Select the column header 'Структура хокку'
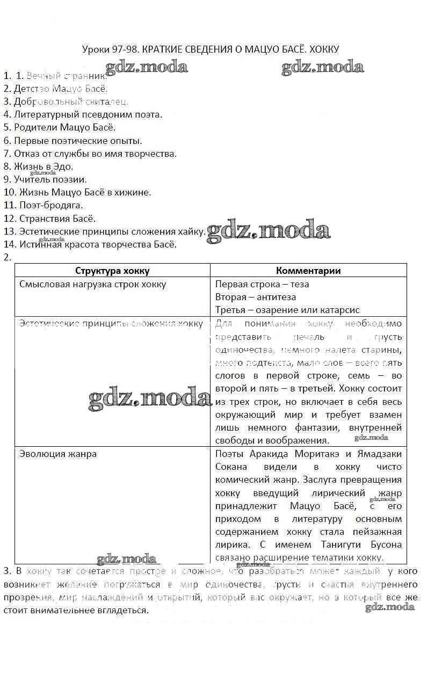pos(112,271)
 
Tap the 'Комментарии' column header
pos(308,271)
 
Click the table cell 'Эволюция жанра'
pos(58,454)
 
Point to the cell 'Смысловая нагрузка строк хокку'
pos(93,284)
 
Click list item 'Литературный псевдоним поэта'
pos(83,114)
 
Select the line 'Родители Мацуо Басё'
pos(60,127)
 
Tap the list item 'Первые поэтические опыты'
pos(73,141)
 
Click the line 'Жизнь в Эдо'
pos(39,166)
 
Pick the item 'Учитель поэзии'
pos(45,179)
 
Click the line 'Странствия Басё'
pos(50,219)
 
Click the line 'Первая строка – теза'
pos(262,284)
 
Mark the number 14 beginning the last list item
pos(9,244)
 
